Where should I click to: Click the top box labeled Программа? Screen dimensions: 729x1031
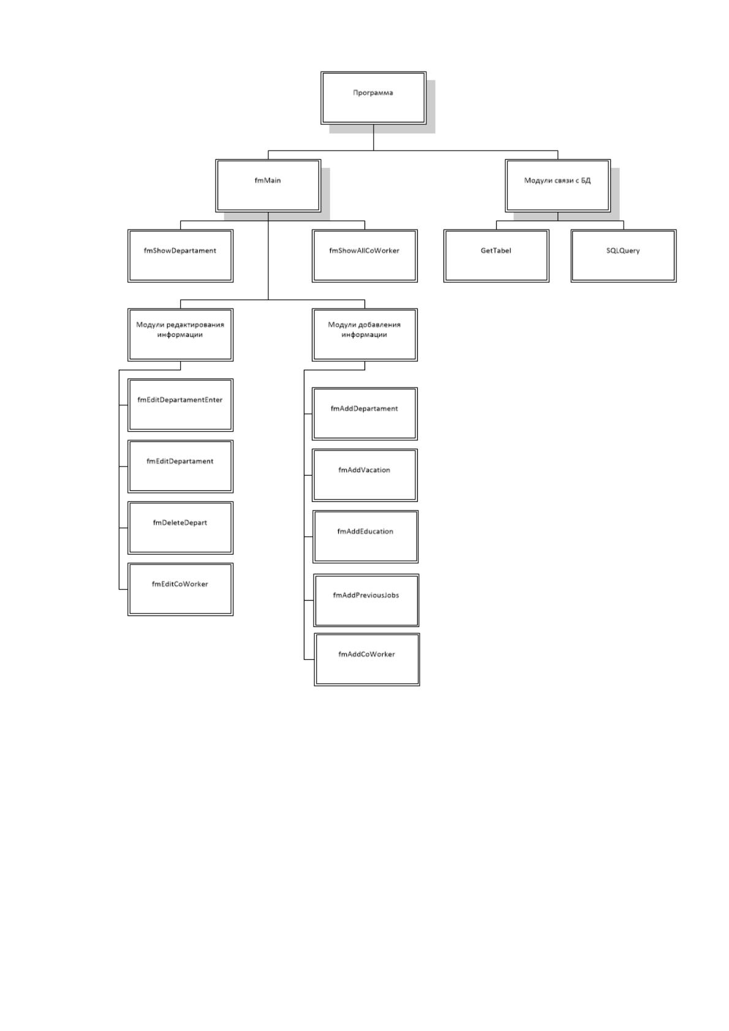tap(373, 98)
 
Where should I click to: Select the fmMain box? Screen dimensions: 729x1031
tap(268, 186)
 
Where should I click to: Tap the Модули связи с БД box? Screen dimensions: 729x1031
tap(557, 186)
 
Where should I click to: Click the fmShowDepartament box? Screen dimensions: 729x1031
tap(180, 256)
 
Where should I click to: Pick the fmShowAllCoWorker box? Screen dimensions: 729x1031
tap(364, 256)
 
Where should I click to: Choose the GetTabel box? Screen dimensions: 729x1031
tap(496, 256)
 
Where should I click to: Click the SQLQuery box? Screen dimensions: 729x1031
tap(624, 256)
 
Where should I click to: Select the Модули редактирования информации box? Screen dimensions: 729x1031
tap(180, 335)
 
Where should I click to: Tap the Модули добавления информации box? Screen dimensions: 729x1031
tap(364, 335)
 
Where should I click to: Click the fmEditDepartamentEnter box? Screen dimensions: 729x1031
tap(180, 405)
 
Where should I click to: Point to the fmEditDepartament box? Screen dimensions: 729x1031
tap(180, 467)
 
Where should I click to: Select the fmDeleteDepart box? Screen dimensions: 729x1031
tap(180, 528)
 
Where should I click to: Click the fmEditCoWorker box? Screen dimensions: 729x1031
tap(180, 589)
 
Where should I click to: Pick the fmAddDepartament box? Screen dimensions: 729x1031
tap(364, 414)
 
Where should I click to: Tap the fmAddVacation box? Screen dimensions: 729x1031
tap(364, 476)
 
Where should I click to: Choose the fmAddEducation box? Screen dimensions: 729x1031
tap(366, 537)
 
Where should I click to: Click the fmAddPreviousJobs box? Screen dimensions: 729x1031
tap(366, 600)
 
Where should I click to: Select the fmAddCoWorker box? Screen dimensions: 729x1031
tap(367, 659)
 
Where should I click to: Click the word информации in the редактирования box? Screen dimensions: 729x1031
tap(180, 335)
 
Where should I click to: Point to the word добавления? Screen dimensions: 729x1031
tap(377, 325)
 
